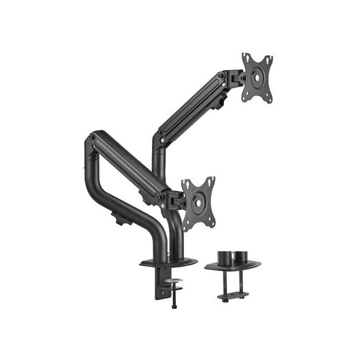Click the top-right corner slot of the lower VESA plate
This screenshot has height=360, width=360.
pyautogui.click(x=211, y=180)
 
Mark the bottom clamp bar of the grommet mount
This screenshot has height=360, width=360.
pyautogui.click(x=231, y=297)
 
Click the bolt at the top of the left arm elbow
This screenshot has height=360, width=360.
pyautogui.click(x=91, y=135)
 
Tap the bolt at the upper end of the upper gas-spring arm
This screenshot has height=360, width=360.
pyautogui.click(x=221, y=75)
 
